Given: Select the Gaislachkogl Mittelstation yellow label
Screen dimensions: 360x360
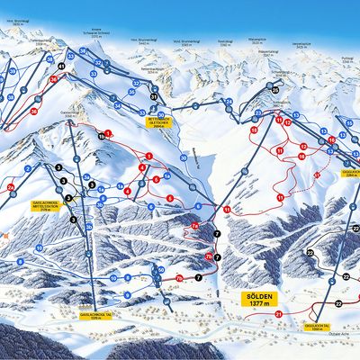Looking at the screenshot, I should [x=45, y=204].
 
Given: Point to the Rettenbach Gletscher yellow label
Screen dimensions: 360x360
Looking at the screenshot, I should [x=160, y=123].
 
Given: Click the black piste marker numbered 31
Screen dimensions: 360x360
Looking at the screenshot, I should [x=154, y=96].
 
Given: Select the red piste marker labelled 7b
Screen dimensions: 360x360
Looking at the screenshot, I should [x=209, y=257].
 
